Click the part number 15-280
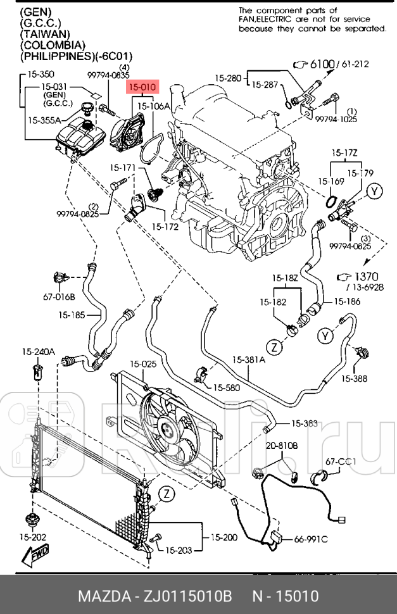pyautogui.click(x=227, y=78)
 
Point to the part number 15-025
pyautogui.click(x=143, y=364)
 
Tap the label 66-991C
pyautogui.click(x=310, y=539)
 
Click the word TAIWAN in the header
pyautogui.click(x=46, y=34)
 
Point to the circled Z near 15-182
pyautogui.click(x=274, y=347)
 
